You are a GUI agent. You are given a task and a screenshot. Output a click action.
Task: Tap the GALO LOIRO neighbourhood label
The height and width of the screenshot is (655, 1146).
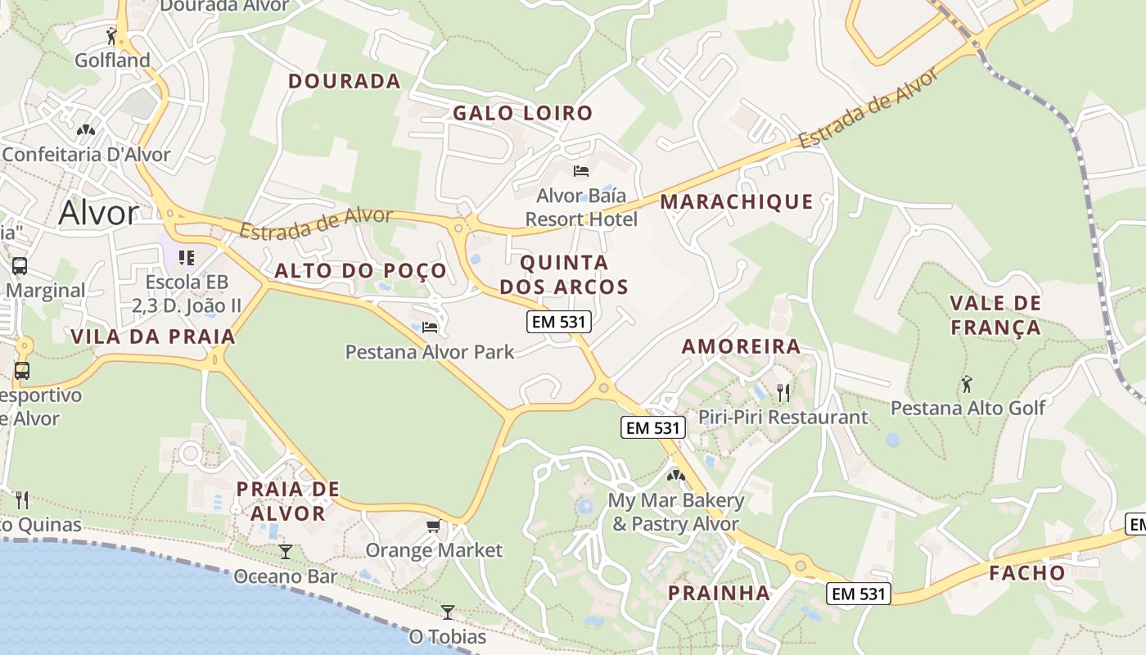[522, 114]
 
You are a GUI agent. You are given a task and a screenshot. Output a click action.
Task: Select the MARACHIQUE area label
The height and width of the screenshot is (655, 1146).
[737, 202]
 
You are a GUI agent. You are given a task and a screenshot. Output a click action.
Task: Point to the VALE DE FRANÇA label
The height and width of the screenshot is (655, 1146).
[995, 316]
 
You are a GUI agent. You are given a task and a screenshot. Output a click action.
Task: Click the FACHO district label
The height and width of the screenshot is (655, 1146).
[1027, 573]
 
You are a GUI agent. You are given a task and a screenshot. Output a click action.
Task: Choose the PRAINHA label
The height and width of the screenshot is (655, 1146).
[719, 593]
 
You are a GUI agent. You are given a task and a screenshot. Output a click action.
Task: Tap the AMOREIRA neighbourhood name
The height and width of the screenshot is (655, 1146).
[741, 346]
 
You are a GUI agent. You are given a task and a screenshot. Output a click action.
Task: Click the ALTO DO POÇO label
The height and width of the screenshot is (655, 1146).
[361, 271]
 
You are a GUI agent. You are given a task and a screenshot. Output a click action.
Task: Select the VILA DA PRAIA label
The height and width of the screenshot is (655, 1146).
[153, 337]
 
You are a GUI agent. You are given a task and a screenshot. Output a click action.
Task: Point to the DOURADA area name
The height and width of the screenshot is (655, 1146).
[345, 81]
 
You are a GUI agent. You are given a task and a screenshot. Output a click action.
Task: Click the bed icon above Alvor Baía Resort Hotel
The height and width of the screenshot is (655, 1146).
[581, 171]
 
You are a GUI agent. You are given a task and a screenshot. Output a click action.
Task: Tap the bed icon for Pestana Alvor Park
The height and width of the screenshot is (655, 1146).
[430, 327]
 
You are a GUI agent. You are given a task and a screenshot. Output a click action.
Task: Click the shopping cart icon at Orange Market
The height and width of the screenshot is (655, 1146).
[433, 526]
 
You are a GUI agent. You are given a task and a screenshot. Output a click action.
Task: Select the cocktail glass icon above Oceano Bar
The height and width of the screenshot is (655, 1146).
[285, 552]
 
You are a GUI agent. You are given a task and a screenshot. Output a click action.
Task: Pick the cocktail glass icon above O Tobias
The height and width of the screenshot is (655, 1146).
[447, 612]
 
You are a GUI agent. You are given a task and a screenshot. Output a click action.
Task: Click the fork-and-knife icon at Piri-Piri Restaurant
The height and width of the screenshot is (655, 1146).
[783, 393]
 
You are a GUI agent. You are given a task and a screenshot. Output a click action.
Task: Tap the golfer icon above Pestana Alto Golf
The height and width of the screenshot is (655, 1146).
[967, 382]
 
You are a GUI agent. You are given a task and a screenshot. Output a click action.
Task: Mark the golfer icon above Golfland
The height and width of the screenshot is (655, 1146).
[112, 35]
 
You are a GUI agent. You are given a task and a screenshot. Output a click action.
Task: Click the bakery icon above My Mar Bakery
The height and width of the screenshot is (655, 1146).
[675, 475]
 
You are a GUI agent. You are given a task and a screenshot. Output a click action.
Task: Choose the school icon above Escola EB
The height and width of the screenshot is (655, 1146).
[187, 258]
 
